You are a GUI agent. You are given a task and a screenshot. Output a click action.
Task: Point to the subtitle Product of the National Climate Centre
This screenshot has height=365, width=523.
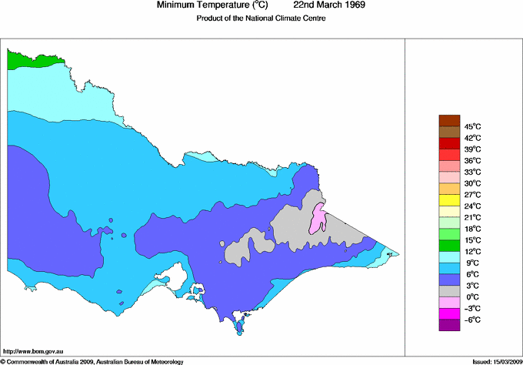(x=261, y=18)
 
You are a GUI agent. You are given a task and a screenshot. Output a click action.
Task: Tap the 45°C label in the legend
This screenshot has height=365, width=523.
(x=472, y=126)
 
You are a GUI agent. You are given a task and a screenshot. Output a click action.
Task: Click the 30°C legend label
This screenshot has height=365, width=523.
(x=472, y=183)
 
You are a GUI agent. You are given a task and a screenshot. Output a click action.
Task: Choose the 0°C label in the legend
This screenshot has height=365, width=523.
(x=472, y=296)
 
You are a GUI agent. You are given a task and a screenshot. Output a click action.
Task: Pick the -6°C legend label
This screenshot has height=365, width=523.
(x=472, y=320)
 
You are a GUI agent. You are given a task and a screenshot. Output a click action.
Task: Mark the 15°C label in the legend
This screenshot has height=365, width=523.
(x=472, y=240)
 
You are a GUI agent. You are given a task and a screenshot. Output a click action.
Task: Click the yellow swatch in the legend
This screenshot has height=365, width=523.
(x=449, y=200)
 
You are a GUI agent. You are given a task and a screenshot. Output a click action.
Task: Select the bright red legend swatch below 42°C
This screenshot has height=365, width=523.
(x=449, y=143)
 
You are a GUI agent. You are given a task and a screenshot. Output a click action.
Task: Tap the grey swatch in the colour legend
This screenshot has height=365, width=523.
(x=449, y=291)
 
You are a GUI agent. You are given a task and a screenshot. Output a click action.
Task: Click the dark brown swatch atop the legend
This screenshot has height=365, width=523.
(x=449, y=120)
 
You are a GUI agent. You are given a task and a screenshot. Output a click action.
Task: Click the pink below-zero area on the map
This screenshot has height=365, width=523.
(x=318, y=219)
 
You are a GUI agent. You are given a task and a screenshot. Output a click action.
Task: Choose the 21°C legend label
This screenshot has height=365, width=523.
(x=472, y=217)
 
